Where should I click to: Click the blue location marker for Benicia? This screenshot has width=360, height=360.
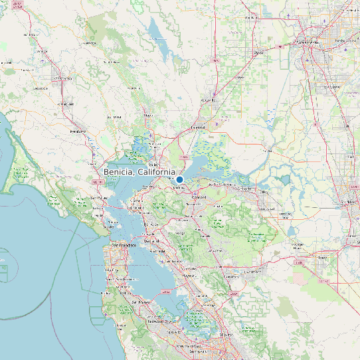click(x=179, y=179)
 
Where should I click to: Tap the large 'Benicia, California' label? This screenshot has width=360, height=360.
click(x=139, y=172)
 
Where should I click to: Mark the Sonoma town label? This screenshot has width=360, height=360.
click(x=114, y=116)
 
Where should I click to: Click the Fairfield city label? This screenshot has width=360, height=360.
click(x=198, y=126)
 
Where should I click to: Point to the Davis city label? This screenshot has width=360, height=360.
click(x=259, y=52)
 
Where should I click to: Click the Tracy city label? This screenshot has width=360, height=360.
click(x=323, y=256)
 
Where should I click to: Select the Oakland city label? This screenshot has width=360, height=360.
click(x=157, y=251)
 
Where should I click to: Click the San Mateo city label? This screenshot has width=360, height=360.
click(x=141, y=302)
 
